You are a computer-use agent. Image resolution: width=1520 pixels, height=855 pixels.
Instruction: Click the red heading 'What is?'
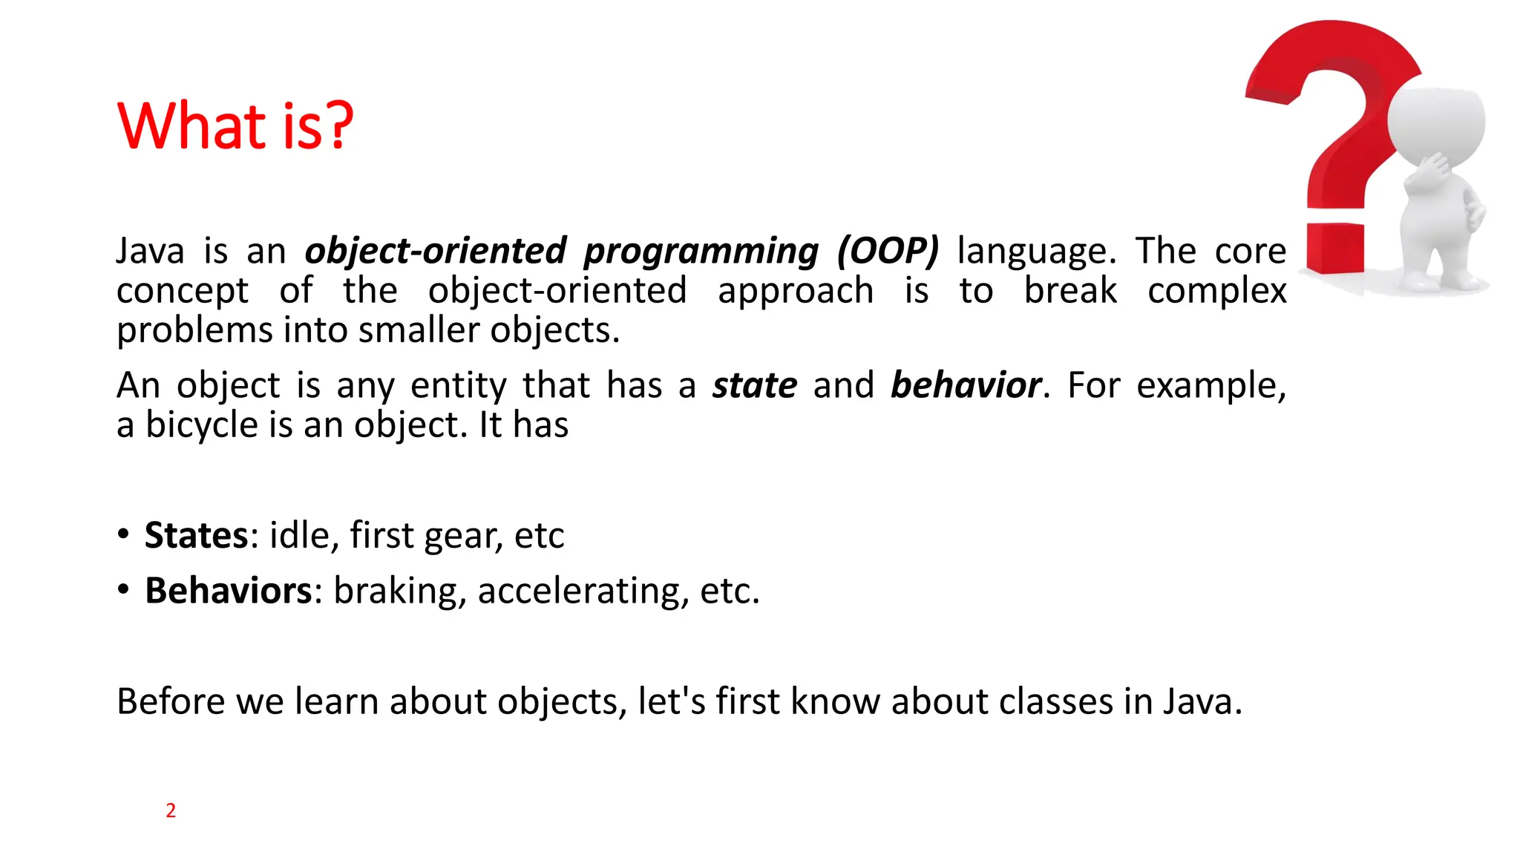[235, 125]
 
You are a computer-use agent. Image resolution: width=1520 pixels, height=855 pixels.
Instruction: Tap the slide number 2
[171, 810]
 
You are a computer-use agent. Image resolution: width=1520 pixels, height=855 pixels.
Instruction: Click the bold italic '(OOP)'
[888, 251]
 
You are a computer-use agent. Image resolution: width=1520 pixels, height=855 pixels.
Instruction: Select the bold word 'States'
[196, 535]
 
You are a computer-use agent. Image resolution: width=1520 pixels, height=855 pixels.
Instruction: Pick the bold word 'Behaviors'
[229, 591]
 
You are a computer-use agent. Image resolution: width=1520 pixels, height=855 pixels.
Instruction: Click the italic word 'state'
[755, 385]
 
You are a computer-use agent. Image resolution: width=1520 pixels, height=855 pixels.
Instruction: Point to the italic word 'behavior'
[966, 385]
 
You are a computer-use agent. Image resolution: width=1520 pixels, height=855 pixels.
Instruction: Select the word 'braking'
[399, 591]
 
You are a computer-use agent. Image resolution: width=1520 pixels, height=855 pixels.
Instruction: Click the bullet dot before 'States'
[123, 534]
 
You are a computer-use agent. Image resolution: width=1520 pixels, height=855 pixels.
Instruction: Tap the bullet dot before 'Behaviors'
[123, 590]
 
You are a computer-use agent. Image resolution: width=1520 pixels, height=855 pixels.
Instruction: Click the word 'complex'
[1216, 290]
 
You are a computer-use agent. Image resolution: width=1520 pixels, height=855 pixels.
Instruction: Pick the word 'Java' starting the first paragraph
[150, 251]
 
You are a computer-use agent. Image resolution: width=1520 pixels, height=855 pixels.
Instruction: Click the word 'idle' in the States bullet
[299, 535]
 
